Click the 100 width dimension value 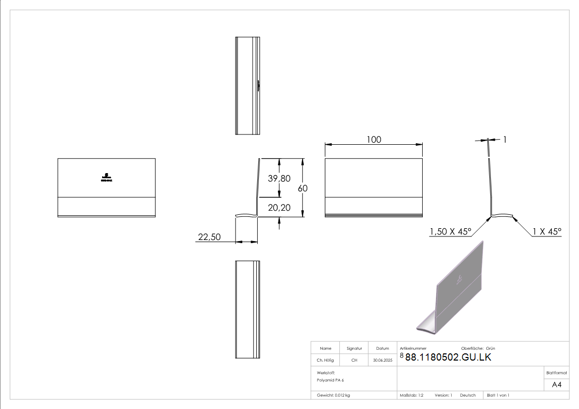[x=374, y=140]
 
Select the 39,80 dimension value [x=279, y=178]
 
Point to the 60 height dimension [x=303, y=189]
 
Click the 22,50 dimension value [x=209, y=237]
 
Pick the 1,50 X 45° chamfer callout [x=450, y=232]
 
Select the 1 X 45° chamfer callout [x=547, y=232]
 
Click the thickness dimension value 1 [x=505, y=139]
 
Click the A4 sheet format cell [x=557, y=385]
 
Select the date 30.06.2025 [x=383, y=360]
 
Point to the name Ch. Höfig [x=325, y=360]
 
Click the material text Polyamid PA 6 [x=330, y=380]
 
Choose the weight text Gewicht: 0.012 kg [x=334, y=395]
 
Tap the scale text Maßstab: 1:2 [x=411, y=395]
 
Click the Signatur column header [x=354, y=349]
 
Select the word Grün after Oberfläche [x=490, y=349]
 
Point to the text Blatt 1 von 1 [x=498, y=395]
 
